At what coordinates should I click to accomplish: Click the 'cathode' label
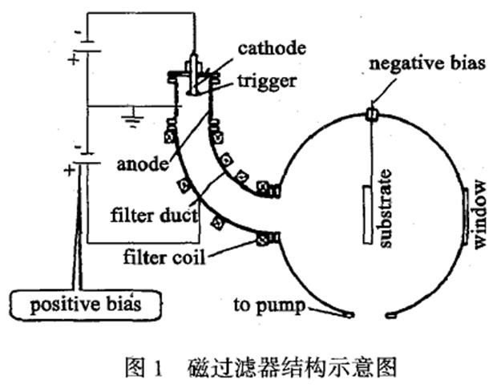click(x=272, y=48)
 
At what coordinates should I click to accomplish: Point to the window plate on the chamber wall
click(x=466, y=213)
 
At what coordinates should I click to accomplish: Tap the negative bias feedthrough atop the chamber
click(x=370, y=115)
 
